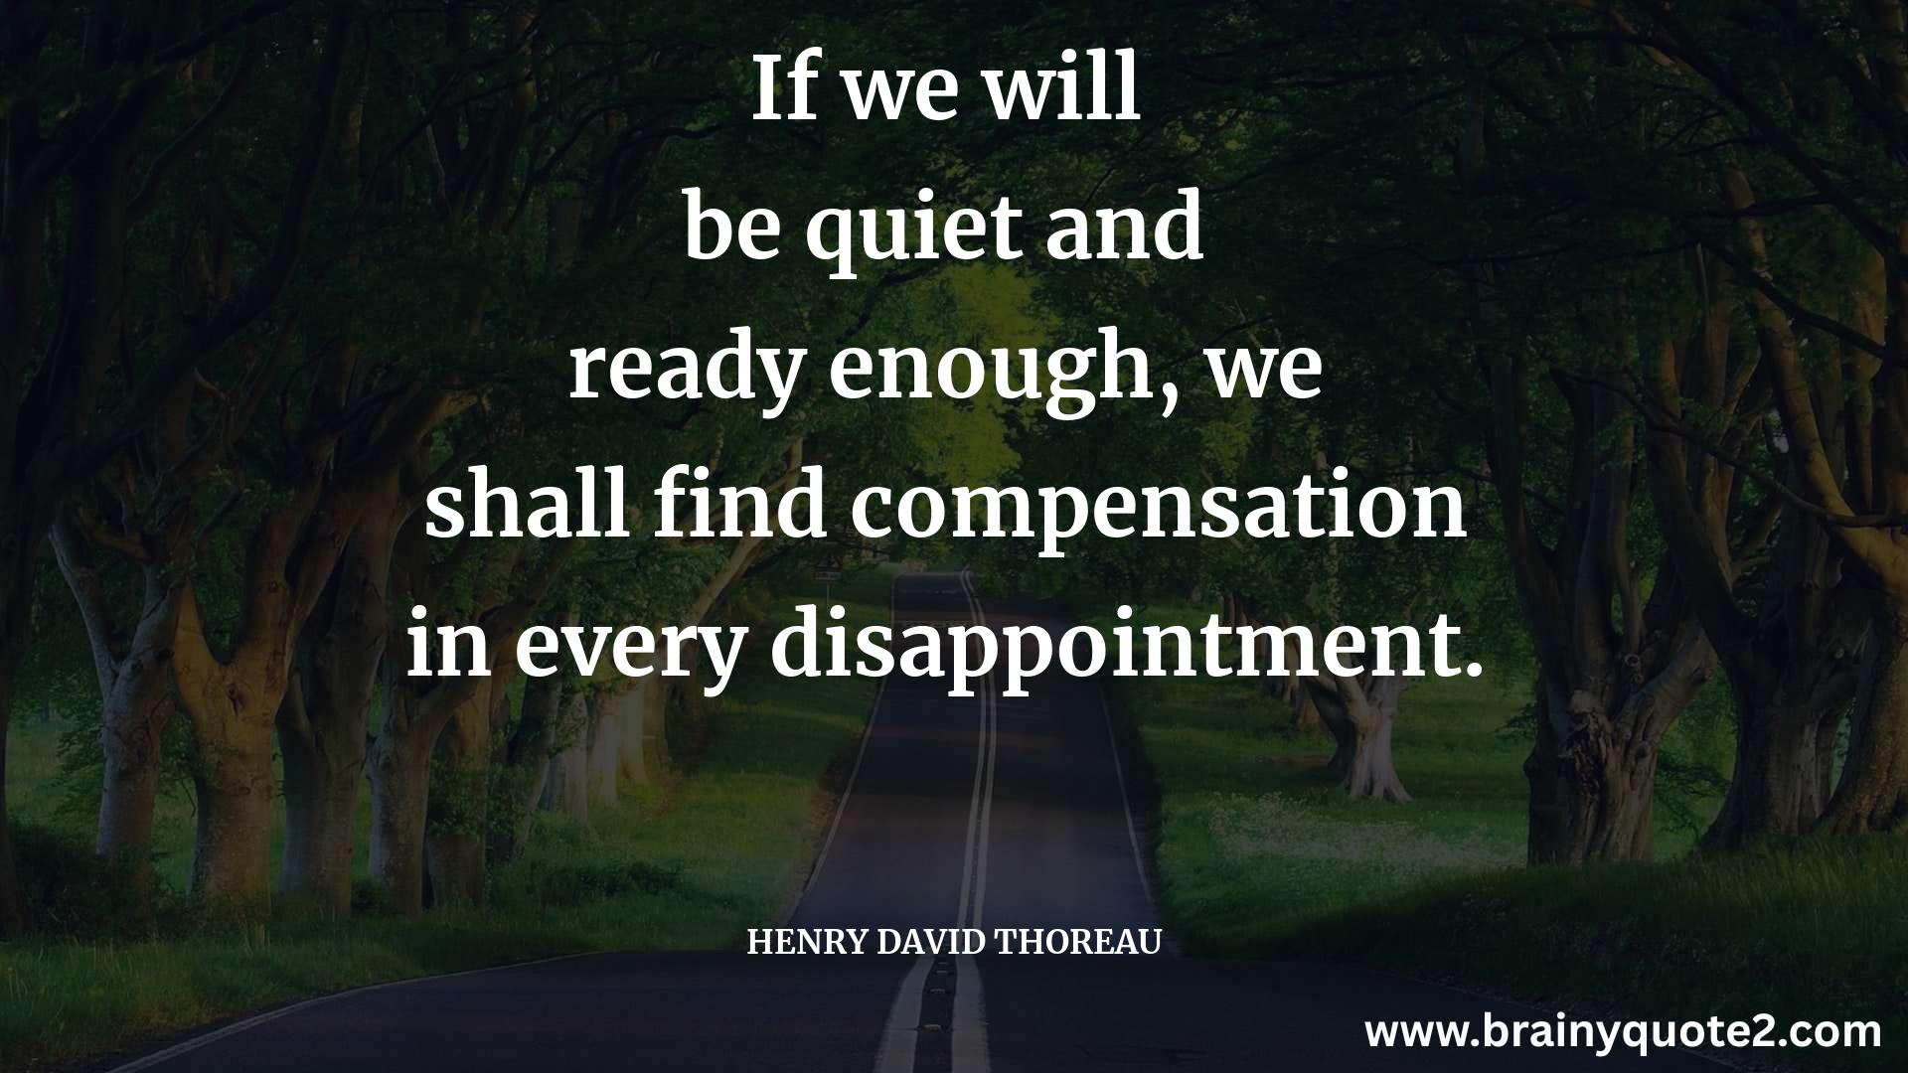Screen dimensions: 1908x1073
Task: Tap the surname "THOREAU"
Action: [x=1078, y=942]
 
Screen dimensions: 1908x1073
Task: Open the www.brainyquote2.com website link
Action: [x=1624, y=1033]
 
